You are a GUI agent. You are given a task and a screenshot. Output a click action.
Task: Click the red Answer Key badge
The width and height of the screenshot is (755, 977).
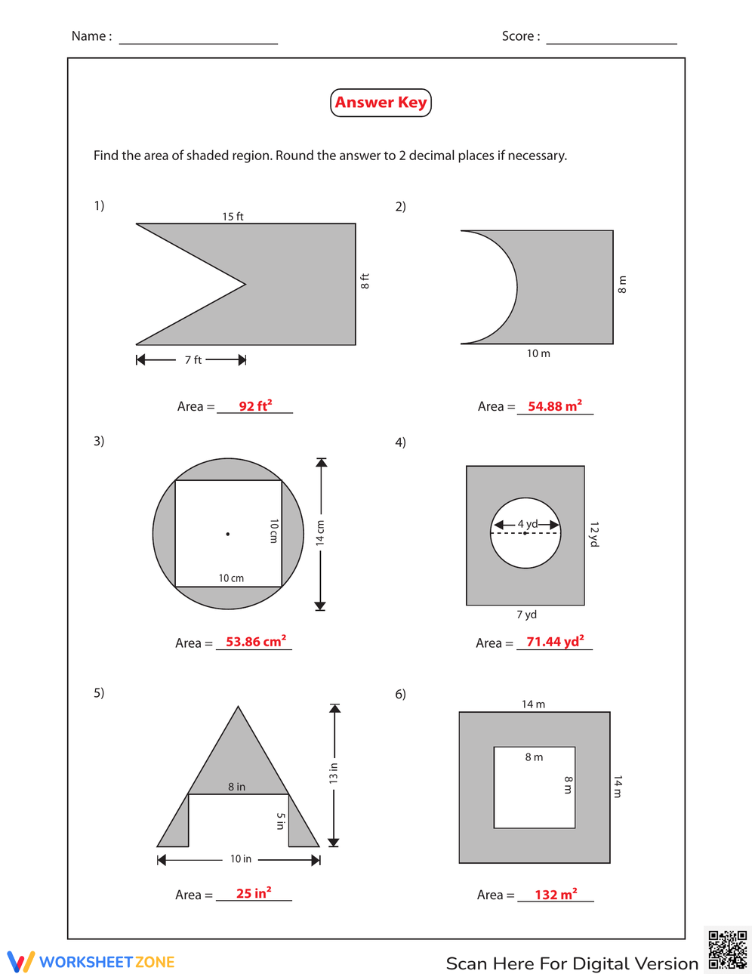click(381, 103)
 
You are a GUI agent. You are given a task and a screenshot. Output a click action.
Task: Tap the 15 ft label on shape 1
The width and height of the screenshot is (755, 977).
click(233, 217)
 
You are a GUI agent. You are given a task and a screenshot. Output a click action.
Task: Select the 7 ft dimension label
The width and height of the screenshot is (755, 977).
click(193, 360)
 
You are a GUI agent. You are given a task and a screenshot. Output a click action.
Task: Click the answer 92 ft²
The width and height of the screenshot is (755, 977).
click(255, 406)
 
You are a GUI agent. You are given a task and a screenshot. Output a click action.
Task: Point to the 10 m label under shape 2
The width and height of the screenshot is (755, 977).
click(538, 353)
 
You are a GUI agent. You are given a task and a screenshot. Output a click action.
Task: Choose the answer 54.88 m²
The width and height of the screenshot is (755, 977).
click(555, 406)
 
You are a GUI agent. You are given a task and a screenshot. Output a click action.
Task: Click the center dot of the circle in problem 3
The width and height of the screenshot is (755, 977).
click(228, 534)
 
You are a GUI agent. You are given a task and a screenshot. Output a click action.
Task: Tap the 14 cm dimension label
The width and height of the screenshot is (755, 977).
click(320, 532)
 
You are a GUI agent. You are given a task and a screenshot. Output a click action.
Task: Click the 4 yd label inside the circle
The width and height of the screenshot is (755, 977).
click(527, 524)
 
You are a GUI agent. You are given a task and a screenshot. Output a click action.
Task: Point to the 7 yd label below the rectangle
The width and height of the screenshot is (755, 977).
click(526, 615)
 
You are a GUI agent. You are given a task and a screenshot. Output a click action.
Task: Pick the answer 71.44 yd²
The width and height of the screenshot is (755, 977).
click(555, 642)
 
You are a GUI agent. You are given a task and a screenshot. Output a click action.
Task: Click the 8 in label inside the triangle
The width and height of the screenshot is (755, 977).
click(236, 787)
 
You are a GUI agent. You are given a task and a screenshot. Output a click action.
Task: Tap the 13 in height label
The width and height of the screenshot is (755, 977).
click(334, 773)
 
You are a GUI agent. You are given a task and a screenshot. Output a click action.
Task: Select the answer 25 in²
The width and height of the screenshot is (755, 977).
click(254, 893)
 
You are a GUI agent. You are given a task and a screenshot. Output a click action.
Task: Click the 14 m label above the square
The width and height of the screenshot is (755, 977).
click(533, 704)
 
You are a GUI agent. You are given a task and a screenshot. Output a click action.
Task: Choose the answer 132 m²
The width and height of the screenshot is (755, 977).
click(556, 895)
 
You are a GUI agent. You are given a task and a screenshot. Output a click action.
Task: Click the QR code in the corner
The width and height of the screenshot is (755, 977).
click(727, 950)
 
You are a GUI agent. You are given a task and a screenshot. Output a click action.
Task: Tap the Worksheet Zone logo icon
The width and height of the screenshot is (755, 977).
click(20, 961)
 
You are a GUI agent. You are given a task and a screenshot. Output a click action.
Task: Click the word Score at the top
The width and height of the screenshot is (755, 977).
click(520, 36)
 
